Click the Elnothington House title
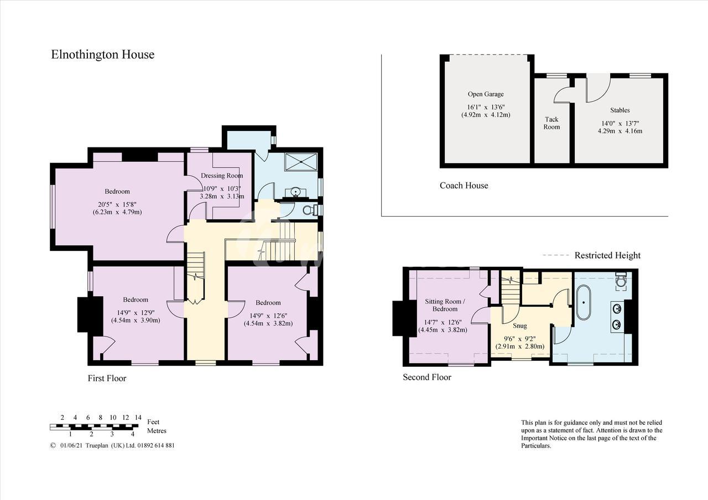[x=103, y=55]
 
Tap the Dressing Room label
[x=222, y=176]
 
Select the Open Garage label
[x=486, y=94]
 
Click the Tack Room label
[x=551, y=123]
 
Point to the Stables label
[x=620, y=110]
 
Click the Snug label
[x=519, y=326]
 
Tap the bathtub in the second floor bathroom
[x=583, y=303]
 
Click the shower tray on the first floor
[x=301, y=162]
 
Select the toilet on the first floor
[x=310, y=210]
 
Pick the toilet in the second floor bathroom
[x=621, y=281]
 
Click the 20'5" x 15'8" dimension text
[x=117, y=204]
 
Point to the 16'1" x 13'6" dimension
[x=486, y=107]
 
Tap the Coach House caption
[x=464, y=185]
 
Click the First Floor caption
[x=107, y=378]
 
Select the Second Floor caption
[x=426, y=377]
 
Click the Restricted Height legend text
[x=607, y=255]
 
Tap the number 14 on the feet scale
[x=138, y=417]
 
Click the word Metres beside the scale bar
[x=157, y=430]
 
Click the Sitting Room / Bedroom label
[x=445, y=305]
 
